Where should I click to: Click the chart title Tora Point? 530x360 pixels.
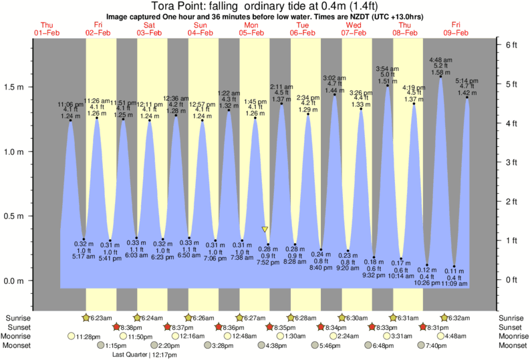(265, 7)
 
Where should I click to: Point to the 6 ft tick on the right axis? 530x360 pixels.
(511, 44)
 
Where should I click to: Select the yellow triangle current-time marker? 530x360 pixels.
(266, 229)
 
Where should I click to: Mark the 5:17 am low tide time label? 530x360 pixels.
(84, 257)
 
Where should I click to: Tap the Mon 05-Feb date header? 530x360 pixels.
(252, 28)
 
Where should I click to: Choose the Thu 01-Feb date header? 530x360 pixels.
(47, 28)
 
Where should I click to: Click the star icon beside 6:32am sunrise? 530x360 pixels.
(444, 317)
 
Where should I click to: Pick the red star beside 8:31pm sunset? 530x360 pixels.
(423, 327)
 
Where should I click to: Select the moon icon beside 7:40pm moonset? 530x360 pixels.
(421, 345)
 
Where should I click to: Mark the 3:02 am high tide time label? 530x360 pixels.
(335, 77)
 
